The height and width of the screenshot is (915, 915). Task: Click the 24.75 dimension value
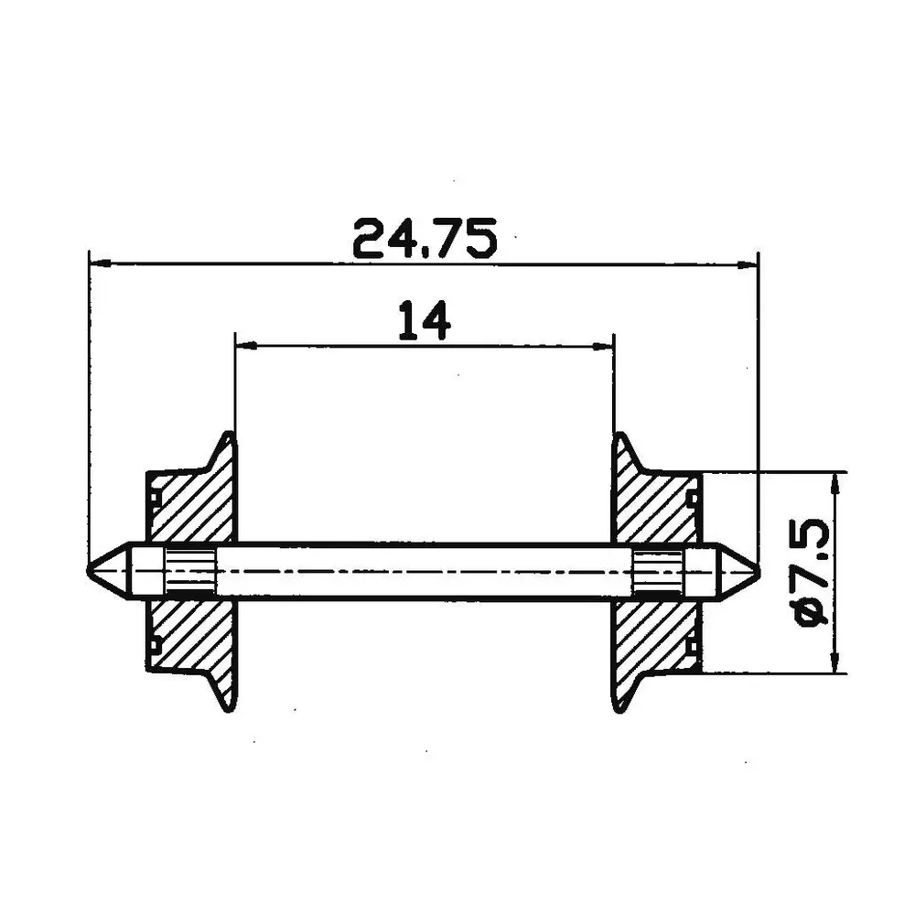click(x=425, y=239)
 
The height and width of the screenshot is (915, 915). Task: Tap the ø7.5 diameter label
click(x=813, y=573)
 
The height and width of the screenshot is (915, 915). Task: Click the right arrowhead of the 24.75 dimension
click(x=749, y=265)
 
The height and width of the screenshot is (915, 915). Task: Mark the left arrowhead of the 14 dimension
click(x=244, y=346)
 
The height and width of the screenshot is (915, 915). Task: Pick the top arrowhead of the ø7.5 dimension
click(x=834, y=481)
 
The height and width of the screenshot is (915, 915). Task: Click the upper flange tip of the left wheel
click(x=228, y=438)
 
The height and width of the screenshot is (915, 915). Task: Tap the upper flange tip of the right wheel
click(x=619, y=438)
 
